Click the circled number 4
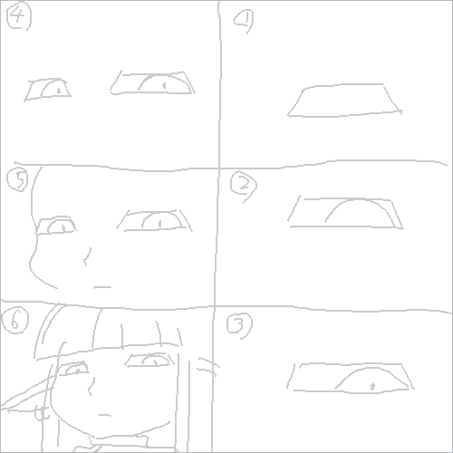(x=19, y=17)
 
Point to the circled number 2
(x=242, y=186)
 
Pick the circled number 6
(x=16, y=319)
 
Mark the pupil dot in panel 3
(x=371, y=386)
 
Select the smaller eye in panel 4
(x=49, y=89)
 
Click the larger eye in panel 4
(x=153, y=82)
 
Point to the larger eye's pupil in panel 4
(x=163, y=85)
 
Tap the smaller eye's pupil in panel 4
(x=58, y=91)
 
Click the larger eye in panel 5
(x=154, y=219)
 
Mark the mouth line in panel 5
(x=102, y=286)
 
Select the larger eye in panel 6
(x=150, y=361)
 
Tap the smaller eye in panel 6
(x=76, y=369)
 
